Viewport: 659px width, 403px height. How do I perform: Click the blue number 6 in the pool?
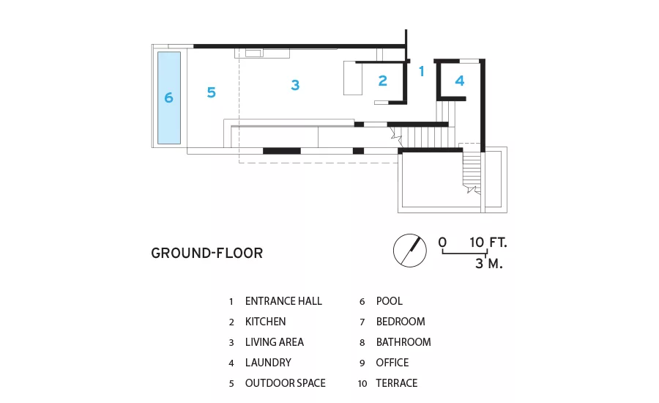coord(168,97)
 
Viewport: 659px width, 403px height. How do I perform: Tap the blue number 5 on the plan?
coord(212,92)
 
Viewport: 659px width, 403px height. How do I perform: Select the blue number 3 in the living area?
coord(295,85)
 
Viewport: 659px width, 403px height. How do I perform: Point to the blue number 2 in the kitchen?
coord(382,81)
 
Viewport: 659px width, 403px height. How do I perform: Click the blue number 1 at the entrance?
coord(422,72)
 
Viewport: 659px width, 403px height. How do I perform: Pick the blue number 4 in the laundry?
coord(460,81)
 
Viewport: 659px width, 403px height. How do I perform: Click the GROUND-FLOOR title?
coord(206,254)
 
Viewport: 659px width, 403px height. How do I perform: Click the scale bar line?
coord(464,253)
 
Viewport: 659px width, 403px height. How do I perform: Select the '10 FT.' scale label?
coord(488,243)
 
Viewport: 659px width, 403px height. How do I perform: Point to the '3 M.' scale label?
coord(489,264)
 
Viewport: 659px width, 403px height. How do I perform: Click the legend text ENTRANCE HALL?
coord(283,301)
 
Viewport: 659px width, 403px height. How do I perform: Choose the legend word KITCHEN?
coord(266,322)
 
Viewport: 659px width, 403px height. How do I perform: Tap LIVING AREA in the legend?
coord(275,342)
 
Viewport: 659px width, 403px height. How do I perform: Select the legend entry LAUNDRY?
coord(268,363)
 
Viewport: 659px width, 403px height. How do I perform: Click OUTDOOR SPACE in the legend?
coord(286,383)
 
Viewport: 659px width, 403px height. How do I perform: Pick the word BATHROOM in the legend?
coord(403,342)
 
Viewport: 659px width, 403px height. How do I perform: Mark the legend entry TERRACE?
coord(397,383)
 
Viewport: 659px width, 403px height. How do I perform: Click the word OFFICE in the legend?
coord(392,363)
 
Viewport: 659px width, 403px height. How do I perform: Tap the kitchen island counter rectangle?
coord(353,78)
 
